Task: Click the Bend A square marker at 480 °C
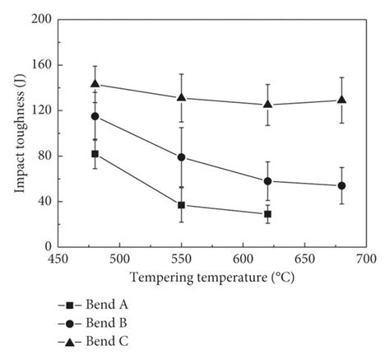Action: pyautogui.click(x=95, y=154)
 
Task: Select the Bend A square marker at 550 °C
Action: pyautogui.click(x=181, y=205)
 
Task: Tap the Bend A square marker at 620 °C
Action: pyautogui.click(x=267, y=214)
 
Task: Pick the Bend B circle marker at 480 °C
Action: pyautogui.click(x=95, y=116)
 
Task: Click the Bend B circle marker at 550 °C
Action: pyautogui.click(x=181, y=157)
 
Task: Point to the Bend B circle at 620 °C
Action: pyautogui.click(x=267, y=181)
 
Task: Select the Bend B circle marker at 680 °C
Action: pyautogui.click(x=341, y=186)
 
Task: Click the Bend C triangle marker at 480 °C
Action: pyautogui.click(x=95, y=84)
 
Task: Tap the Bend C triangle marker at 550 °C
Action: pyautogui.click(x=181, y=97)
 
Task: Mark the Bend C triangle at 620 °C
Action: pyautogui.click(x=267, y=105)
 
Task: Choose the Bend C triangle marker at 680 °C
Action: pyautogui.click(x=341, y=100)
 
